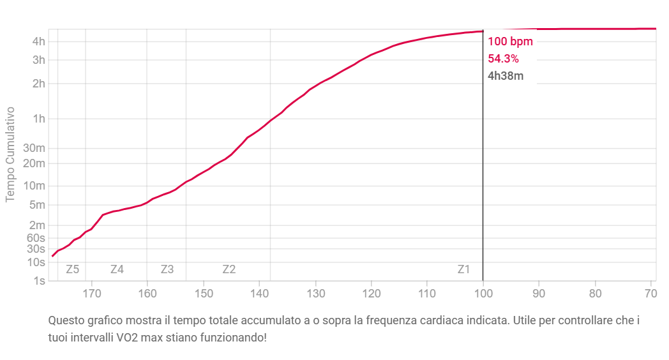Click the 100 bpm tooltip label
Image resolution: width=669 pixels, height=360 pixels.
click(x=510, y=42)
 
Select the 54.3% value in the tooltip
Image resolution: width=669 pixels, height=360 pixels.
click(x=503, y=59)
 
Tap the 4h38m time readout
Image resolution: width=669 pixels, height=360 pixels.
click(x=506, y=77)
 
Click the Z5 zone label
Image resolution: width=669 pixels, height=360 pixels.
click(x=72, y=269)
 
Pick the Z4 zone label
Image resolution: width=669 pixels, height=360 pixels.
click(x=117, y=269)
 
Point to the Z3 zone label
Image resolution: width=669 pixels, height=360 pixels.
click(x=167, y=269)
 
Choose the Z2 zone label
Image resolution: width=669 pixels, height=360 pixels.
click(x=229, y=269)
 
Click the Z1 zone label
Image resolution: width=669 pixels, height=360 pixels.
click(x=464, y=269)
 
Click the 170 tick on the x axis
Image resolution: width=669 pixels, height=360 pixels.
click(x=93, y=294)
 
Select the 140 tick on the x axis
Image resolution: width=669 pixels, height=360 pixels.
click(x=260, y=294)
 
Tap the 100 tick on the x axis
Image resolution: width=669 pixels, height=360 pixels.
click(x=483, y=294)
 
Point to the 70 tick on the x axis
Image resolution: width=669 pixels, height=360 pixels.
click(x=650, y=294)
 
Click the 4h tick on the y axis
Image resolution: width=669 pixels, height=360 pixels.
click(x=38, y=42)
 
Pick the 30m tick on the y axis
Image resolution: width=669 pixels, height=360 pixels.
click(x=36, y=149)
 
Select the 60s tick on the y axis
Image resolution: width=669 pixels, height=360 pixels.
click(x=36, y=238)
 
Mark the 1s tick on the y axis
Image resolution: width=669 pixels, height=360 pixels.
click(x=39, y=281)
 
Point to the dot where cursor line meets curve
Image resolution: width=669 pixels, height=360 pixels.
click(x=483, y=31)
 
